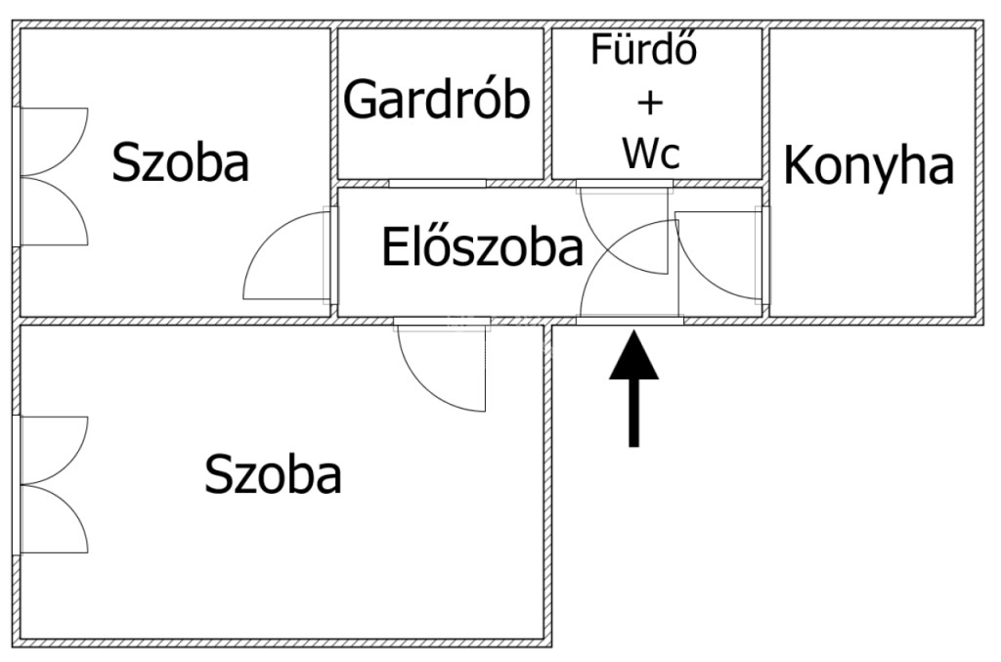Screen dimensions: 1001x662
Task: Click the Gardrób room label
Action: (437, 99)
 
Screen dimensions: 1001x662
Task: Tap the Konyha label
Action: (868, 165)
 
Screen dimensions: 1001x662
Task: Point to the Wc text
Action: (651, 154)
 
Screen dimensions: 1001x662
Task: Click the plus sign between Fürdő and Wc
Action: (650, 103)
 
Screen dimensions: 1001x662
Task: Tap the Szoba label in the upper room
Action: (180, 162)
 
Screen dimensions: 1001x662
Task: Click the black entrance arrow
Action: (633, 388)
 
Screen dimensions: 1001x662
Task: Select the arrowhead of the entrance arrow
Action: (633, 355)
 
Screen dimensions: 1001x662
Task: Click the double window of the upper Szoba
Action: (51, 176)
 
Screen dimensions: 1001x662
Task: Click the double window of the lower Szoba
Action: (51, 485)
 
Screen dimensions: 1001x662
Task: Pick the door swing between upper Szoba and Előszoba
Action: (286, 254)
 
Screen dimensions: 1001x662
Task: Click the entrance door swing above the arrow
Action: (629, 268)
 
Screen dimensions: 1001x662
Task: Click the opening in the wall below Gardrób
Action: (437, 183)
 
